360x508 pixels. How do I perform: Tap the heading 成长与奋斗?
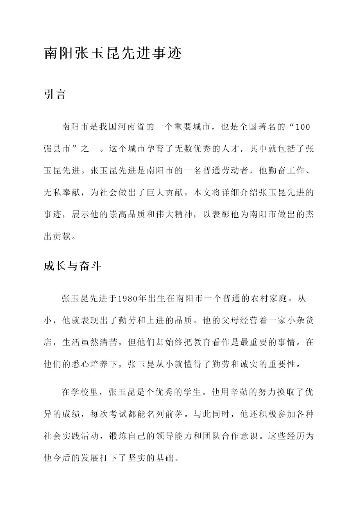(73, 267)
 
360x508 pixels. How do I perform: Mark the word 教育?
(210, 342)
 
